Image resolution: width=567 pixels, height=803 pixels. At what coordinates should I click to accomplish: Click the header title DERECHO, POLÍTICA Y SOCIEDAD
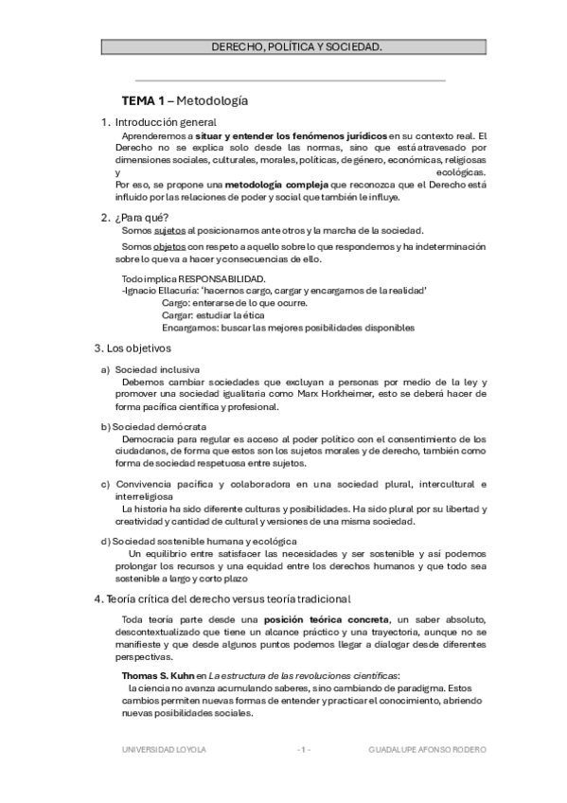[296, 45]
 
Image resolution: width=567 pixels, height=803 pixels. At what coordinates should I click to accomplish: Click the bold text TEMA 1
[143, 99]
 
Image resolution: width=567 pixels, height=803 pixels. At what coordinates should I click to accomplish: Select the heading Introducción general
[166, 122]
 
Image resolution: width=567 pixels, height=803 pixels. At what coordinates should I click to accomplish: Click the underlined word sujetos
[169, 230]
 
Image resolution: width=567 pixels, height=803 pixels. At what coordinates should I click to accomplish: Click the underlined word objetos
[171, 246]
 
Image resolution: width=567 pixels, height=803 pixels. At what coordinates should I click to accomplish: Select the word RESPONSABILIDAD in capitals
[222, 278]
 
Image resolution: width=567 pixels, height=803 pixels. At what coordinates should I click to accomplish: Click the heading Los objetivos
[139, 348]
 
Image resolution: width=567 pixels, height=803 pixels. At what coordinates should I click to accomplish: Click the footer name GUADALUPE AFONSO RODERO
[428, 748]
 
